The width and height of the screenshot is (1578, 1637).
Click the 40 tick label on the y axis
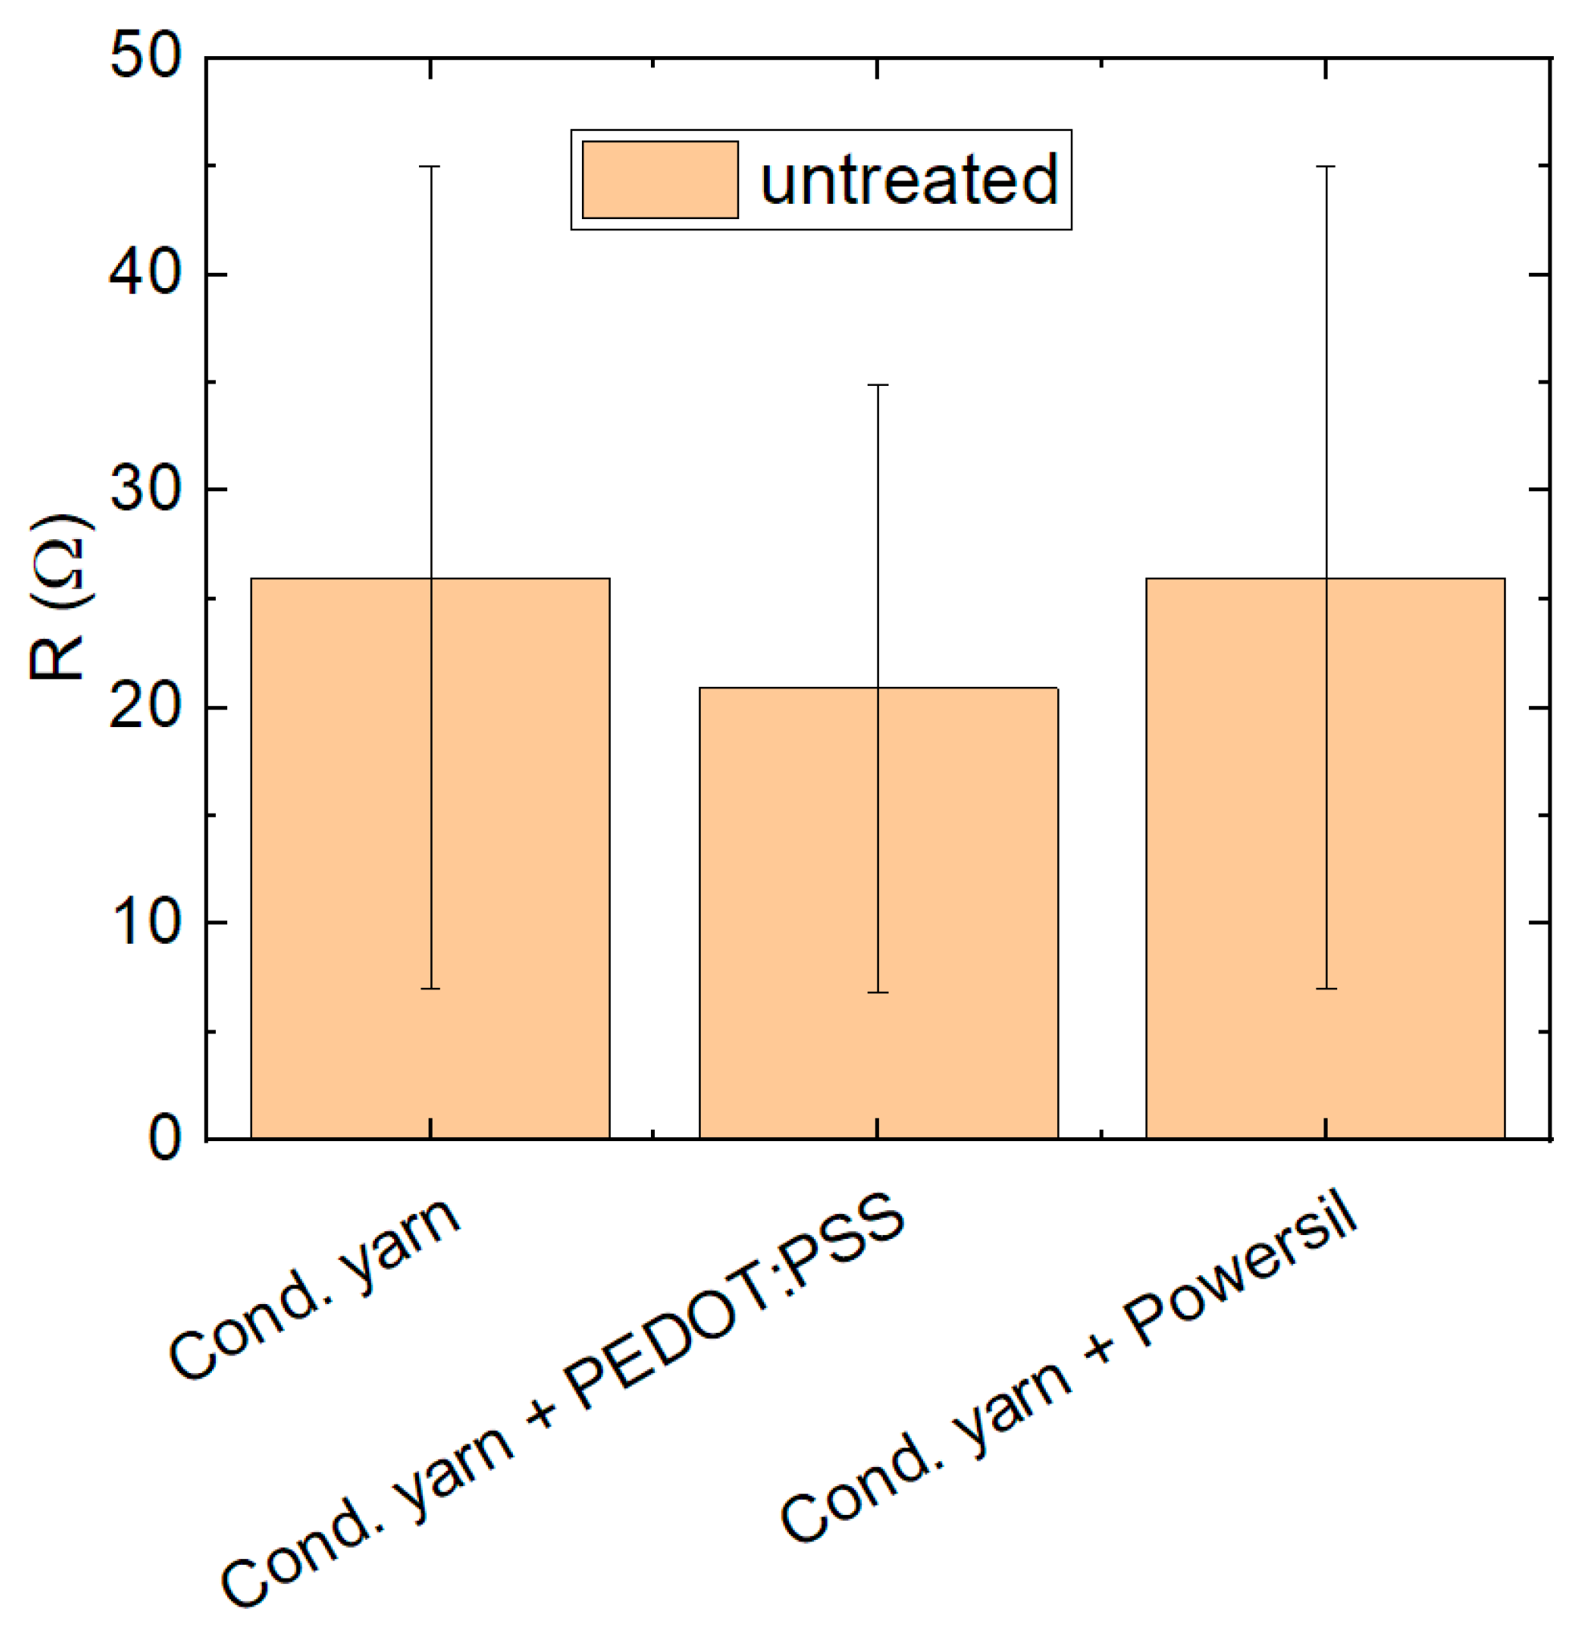click(145, 273)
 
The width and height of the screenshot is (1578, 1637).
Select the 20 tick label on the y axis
click(145, 707)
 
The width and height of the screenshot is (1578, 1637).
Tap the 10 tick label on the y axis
click(145, 922)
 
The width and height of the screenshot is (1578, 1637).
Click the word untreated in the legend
click(909, 180)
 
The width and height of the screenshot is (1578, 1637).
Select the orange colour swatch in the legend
click(660, 180)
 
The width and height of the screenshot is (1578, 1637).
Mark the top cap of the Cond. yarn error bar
click(429, 166)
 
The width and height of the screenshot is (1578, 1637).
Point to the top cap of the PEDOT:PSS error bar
click(877, 385)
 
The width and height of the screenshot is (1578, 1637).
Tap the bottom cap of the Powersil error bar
click(1326, 989)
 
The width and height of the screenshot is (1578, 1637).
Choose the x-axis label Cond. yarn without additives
click(315, 1290)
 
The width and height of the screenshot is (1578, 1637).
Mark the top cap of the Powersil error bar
click(1326, 166)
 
